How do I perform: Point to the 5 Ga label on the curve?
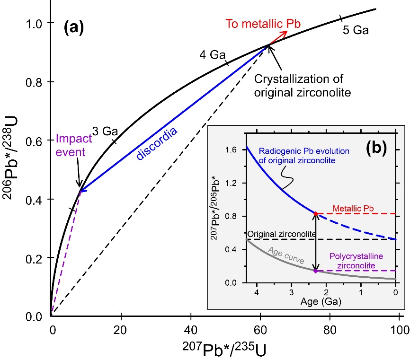(355, 30)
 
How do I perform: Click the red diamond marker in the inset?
(316, 214)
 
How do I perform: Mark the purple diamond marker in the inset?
(316, 271)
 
